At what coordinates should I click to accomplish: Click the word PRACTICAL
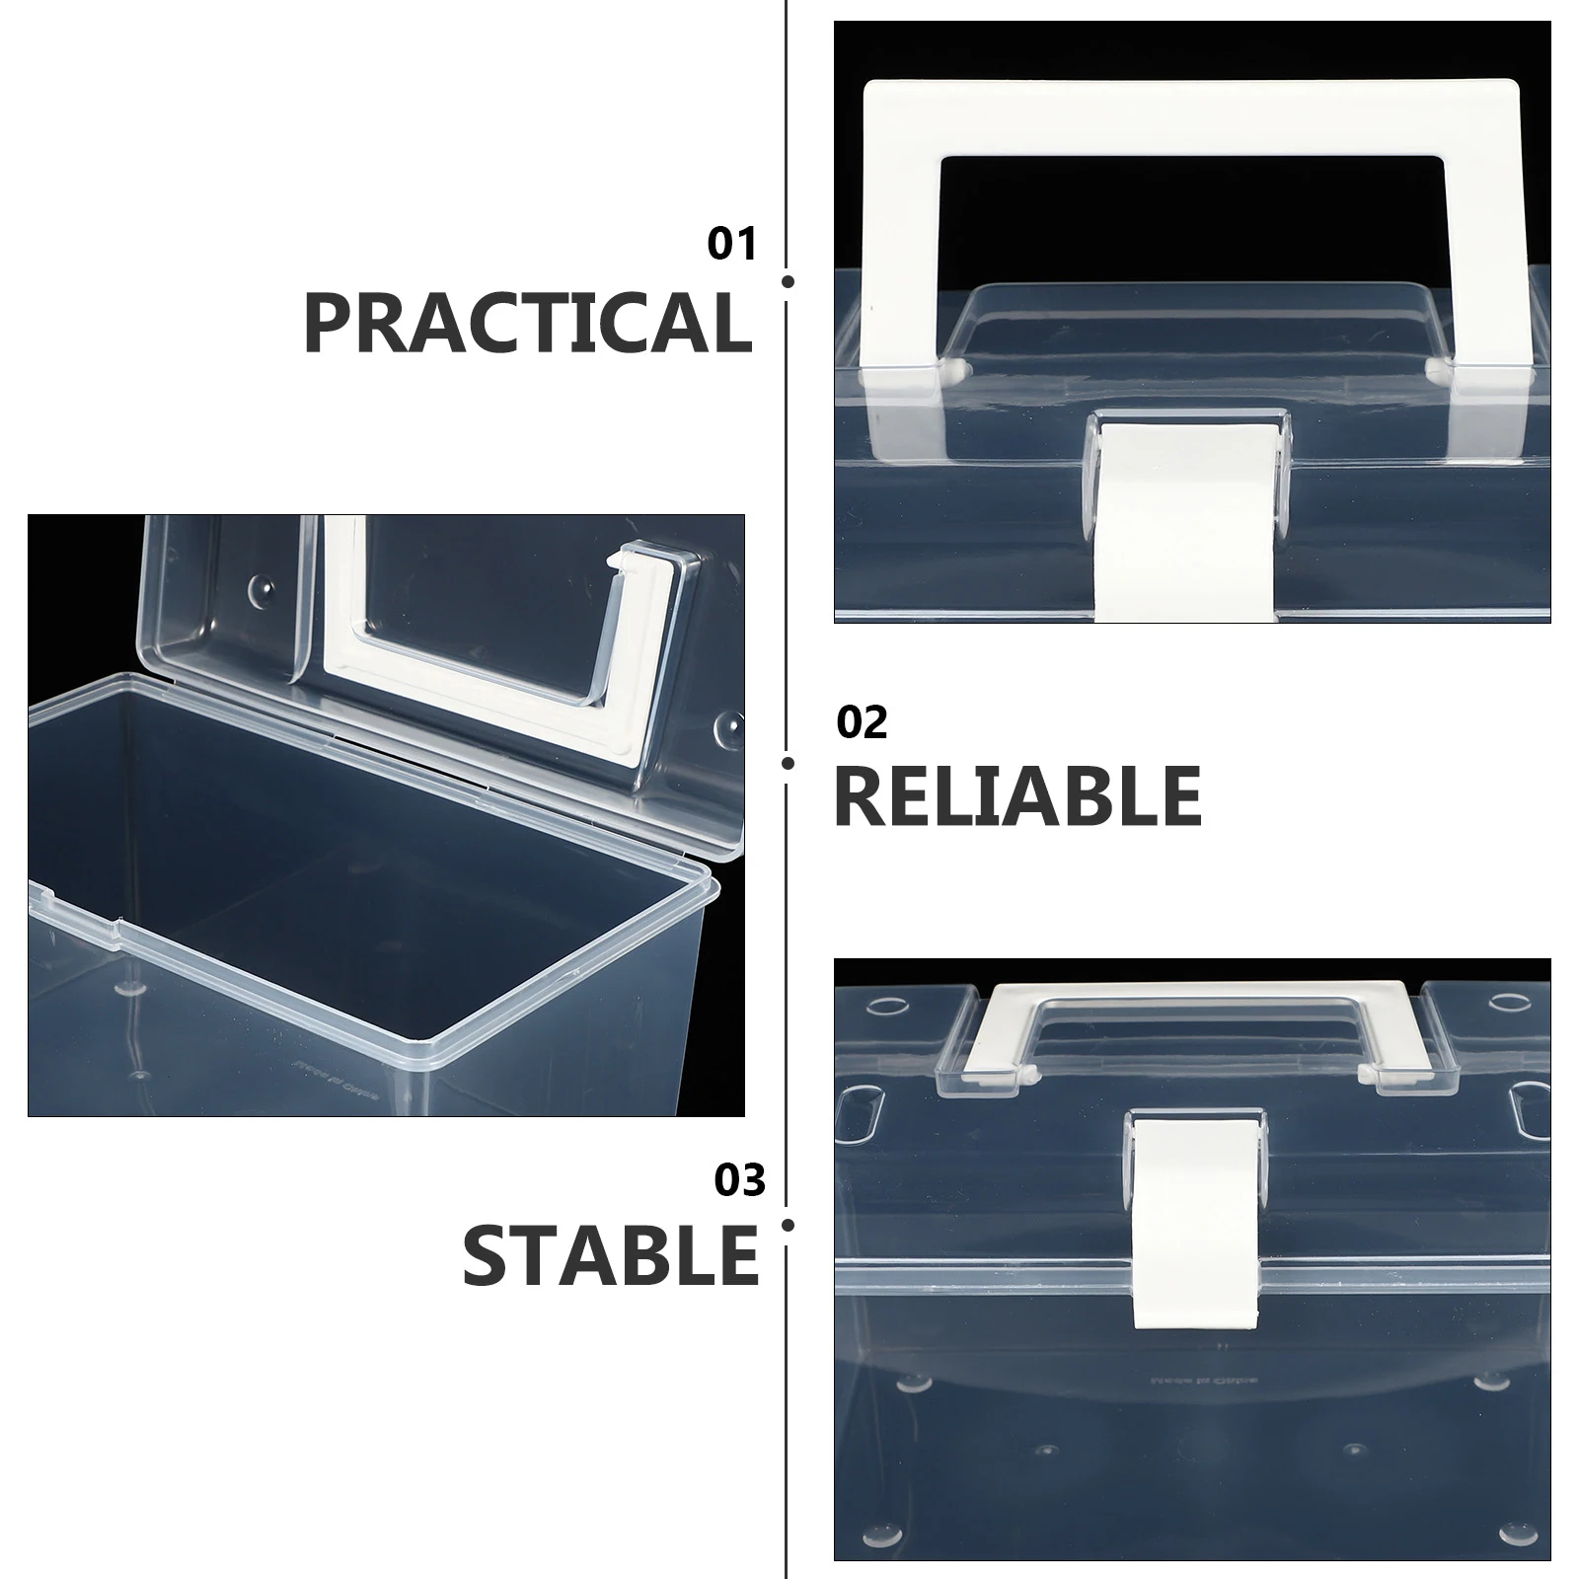tap(527, 322)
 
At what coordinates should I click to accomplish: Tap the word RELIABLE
tap(1017, 795)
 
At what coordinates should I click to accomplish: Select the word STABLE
tap(610, 1255)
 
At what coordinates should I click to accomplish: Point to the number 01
tap(731, 245)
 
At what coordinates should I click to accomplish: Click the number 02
tap(862, 723)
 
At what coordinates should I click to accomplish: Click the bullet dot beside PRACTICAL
tap(788, 282)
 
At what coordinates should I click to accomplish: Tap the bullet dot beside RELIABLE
tap(788, 763)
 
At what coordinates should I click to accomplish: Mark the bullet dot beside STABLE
tap(788, 1226)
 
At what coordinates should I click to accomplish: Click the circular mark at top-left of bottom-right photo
tap(888, 1008)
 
